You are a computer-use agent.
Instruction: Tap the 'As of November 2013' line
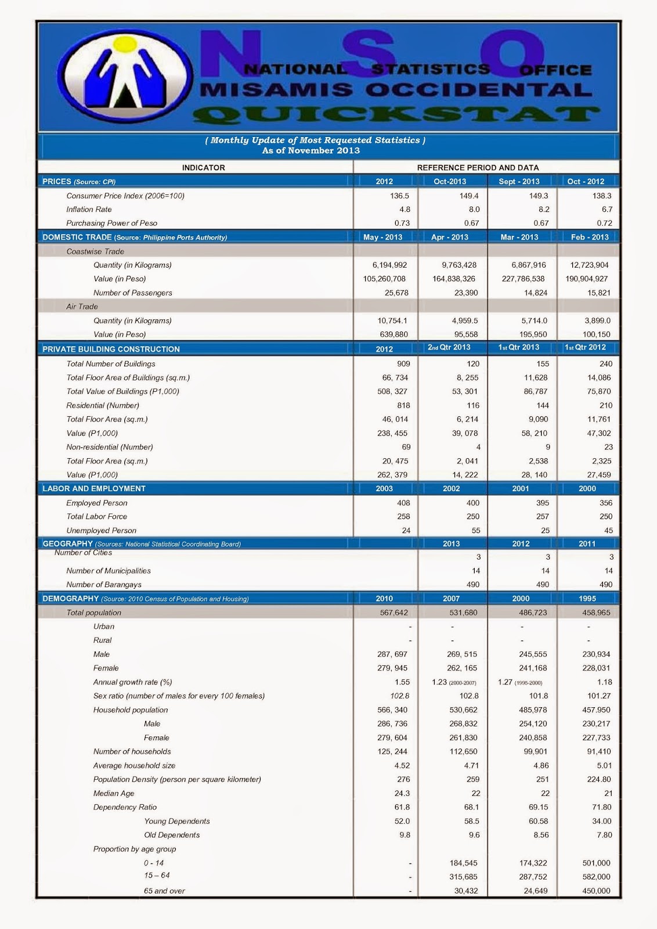point(311,150)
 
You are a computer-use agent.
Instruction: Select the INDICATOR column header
point(203,167)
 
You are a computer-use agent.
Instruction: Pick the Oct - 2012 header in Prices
point(586,181)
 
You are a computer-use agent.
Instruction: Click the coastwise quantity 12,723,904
point(590,265)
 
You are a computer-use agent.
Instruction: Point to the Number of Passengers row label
point(132,293)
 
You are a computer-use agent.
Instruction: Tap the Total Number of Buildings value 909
point(403,363)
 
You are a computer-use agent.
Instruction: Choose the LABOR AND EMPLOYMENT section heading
point(94,488)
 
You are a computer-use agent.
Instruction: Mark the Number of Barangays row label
point(104,585)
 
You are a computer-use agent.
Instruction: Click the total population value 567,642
point(394,613)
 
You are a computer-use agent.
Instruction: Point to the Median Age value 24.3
point(402,793)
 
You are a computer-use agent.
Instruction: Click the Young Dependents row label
point(176,821)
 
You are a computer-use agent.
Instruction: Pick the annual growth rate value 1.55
point(402,682)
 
